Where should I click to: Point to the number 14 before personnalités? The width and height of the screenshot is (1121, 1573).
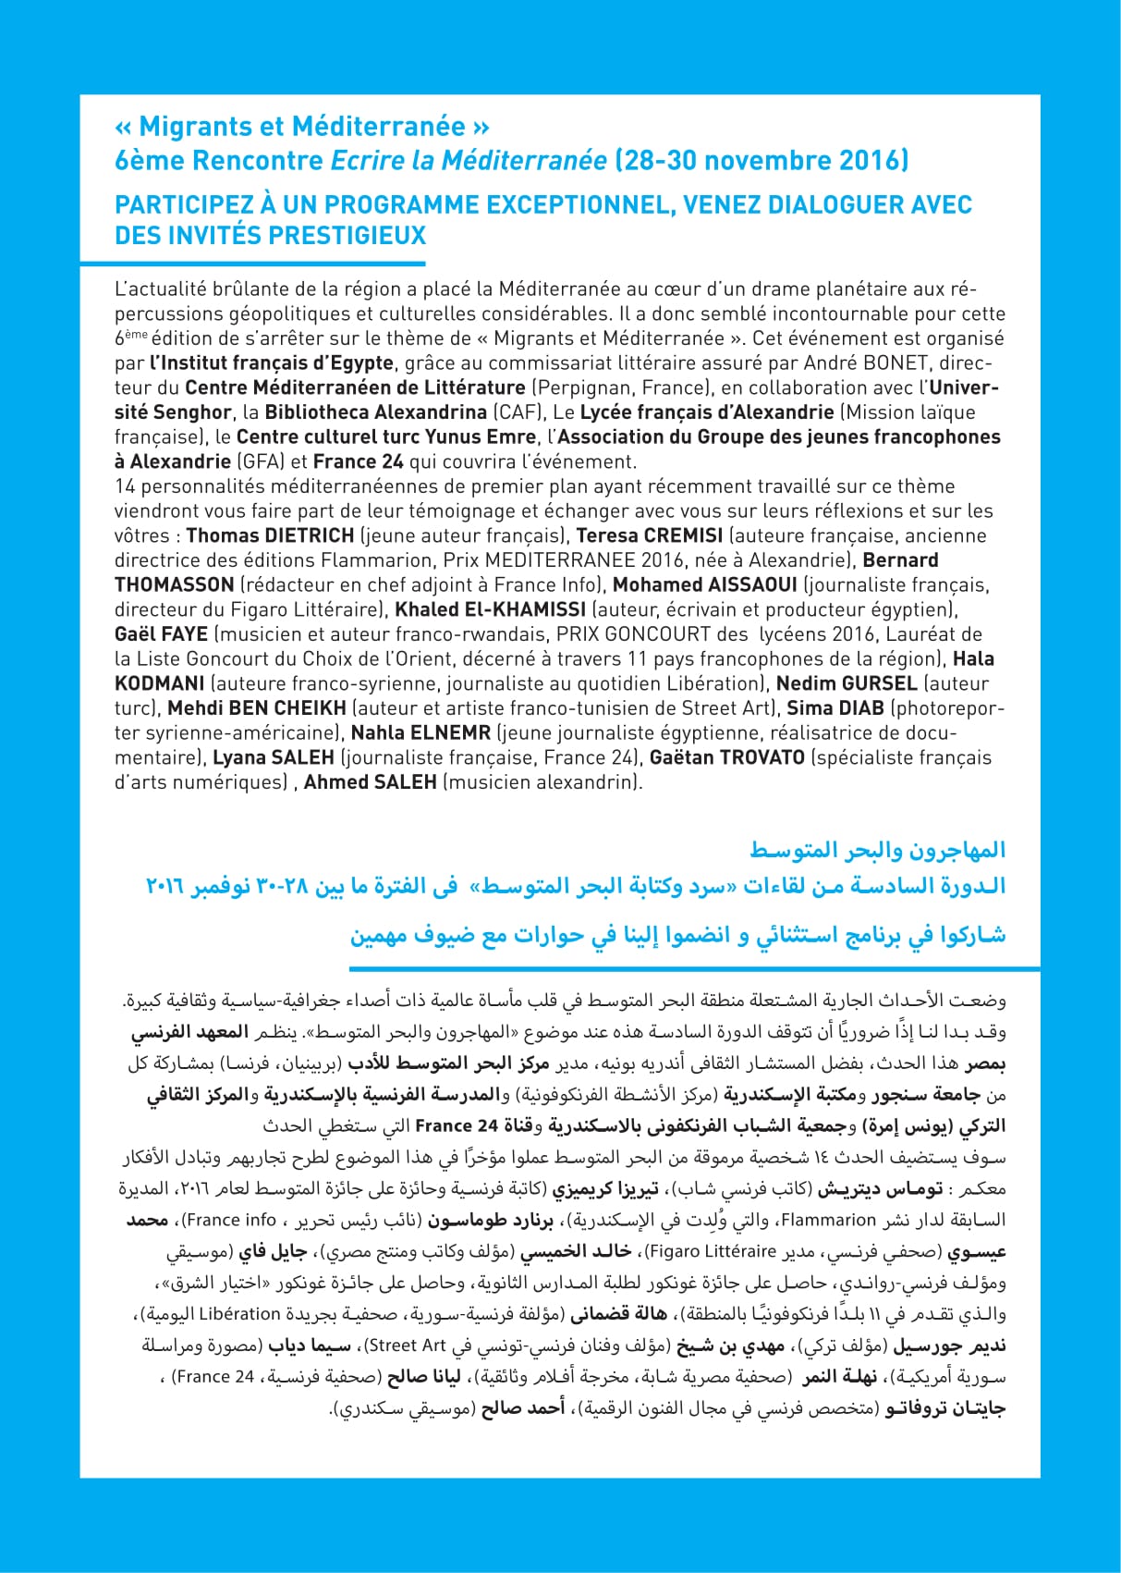[x=125, y=486]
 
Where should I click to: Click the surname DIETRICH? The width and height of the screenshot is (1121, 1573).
[x=309, y=535]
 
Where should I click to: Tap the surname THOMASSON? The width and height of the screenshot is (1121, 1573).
[x=174, y=584]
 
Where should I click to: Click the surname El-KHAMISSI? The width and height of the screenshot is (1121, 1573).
[x=525, y=609]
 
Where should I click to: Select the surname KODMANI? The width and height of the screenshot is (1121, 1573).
[x=159, y=683]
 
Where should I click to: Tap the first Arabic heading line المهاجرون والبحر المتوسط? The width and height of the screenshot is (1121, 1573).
[x=877, y=849]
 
